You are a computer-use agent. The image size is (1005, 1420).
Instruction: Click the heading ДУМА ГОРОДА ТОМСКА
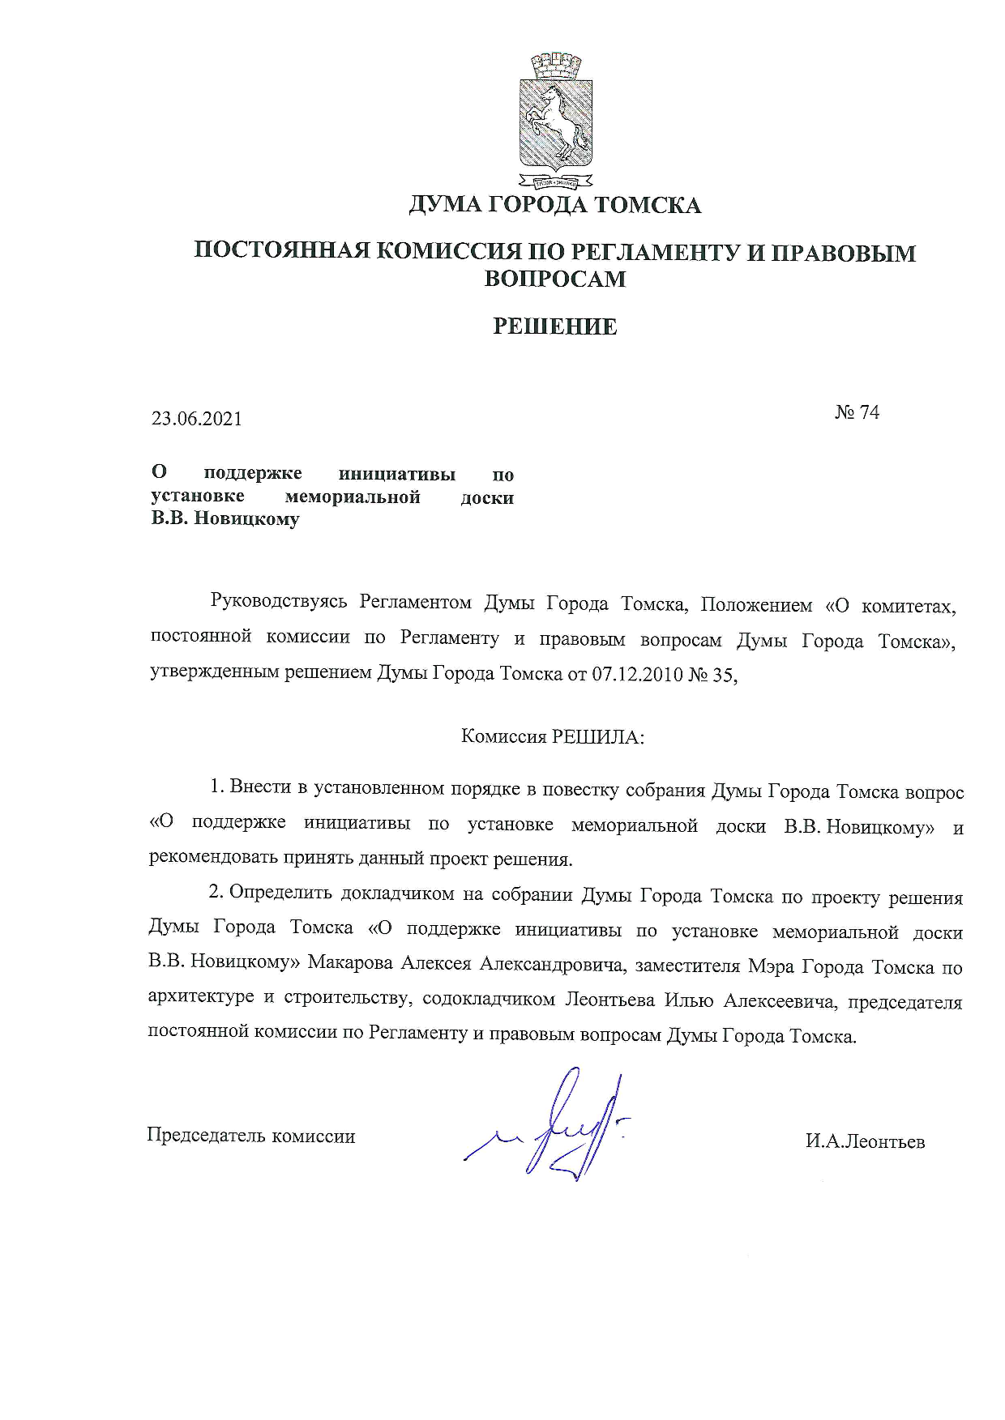(x=554, y=205)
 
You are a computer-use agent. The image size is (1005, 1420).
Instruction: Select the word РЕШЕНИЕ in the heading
(x=555, y=326)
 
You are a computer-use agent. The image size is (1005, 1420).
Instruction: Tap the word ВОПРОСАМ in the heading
(x=555, y=279)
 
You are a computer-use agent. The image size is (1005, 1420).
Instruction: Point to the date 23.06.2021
(x=196, y=419)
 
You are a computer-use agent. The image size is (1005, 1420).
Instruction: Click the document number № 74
(x=857, y=412)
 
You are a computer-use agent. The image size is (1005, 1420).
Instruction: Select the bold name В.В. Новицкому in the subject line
(x=225, y=519)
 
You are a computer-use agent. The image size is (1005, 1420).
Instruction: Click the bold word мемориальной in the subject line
(x=353, y=497)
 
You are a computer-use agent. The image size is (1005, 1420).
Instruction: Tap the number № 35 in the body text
(x=712, y=674)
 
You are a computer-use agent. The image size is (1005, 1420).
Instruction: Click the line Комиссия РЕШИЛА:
(x=553, y=737)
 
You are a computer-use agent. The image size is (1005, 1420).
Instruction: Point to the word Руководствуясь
(x=279, y=602)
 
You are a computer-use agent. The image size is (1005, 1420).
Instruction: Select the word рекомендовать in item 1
(x=213, y=858)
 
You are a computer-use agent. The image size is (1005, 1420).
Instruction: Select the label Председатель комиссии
(x=250, y=1136)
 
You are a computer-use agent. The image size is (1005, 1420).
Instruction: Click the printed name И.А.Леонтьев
(x=865, y=1141)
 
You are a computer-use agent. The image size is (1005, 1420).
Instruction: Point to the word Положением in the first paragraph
(x=755, y=605)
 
